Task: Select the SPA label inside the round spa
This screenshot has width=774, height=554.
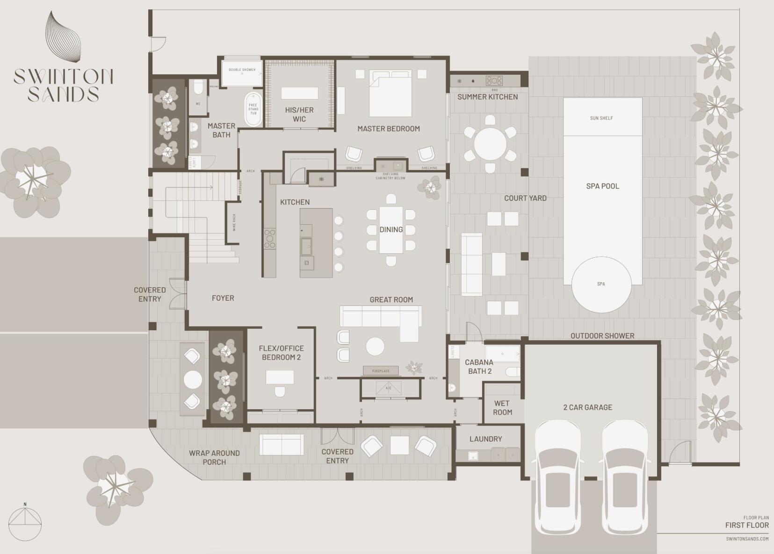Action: (x=601, y=284)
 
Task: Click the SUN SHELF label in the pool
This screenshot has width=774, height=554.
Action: (x=601, y=118)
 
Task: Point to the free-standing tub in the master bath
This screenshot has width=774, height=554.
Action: (x=253, y=109)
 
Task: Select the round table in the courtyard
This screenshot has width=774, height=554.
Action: (x=490, y=144)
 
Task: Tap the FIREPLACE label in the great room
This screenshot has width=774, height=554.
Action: (x=381, y=371)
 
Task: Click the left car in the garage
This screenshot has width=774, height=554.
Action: (x=557, y=476)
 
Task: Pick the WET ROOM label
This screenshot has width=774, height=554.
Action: (x=502, y=408)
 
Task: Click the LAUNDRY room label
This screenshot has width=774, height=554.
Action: (x=485, y=439)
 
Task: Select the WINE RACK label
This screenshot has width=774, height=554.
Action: (x=234, y=222)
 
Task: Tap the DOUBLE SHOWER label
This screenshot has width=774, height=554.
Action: (x=242, y=70)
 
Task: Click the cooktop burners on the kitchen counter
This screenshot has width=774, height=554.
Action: (x=270, y=238)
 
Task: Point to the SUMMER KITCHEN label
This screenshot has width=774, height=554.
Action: (x=487, y=97)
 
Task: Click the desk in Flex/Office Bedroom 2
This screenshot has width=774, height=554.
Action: (x=280, y=377)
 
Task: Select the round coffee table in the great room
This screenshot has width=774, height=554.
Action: (x=375, y=347)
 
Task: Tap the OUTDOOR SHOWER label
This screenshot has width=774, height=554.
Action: (x=602, y=336)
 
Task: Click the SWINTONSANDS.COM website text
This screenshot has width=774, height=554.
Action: (x=747, y=539)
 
